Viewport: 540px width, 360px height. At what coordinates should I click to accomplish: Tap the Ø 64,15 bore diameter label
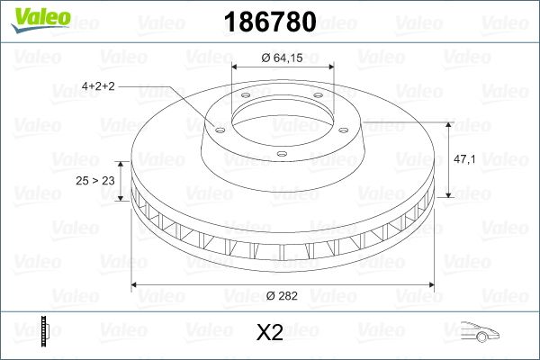tap(283, 58)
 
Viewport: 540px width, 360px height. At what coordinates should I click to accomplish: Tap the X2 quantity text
tap(270, 333)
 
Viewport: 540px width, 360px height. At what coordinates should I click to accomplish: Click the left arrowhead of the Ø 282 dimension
tap(136, 286)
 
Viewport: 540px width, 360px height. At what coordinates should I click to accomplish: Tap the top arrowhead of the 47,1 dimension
tap(447, 122)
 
